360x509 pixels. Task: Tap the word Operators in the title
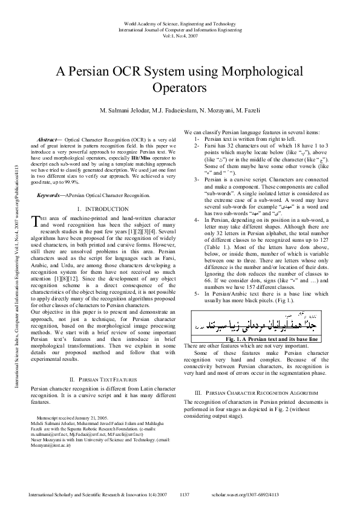click(x=180, y=88)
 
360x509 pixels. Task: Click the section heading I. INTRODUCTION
click(x=102, y=209)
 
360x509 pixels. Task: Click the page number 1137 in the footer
click(x=185, y=494)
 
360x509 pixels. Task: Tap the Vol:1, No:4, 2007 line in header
click(x=180, y=35)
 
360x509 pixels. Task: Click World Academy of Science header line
click(x=180, y=22)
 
